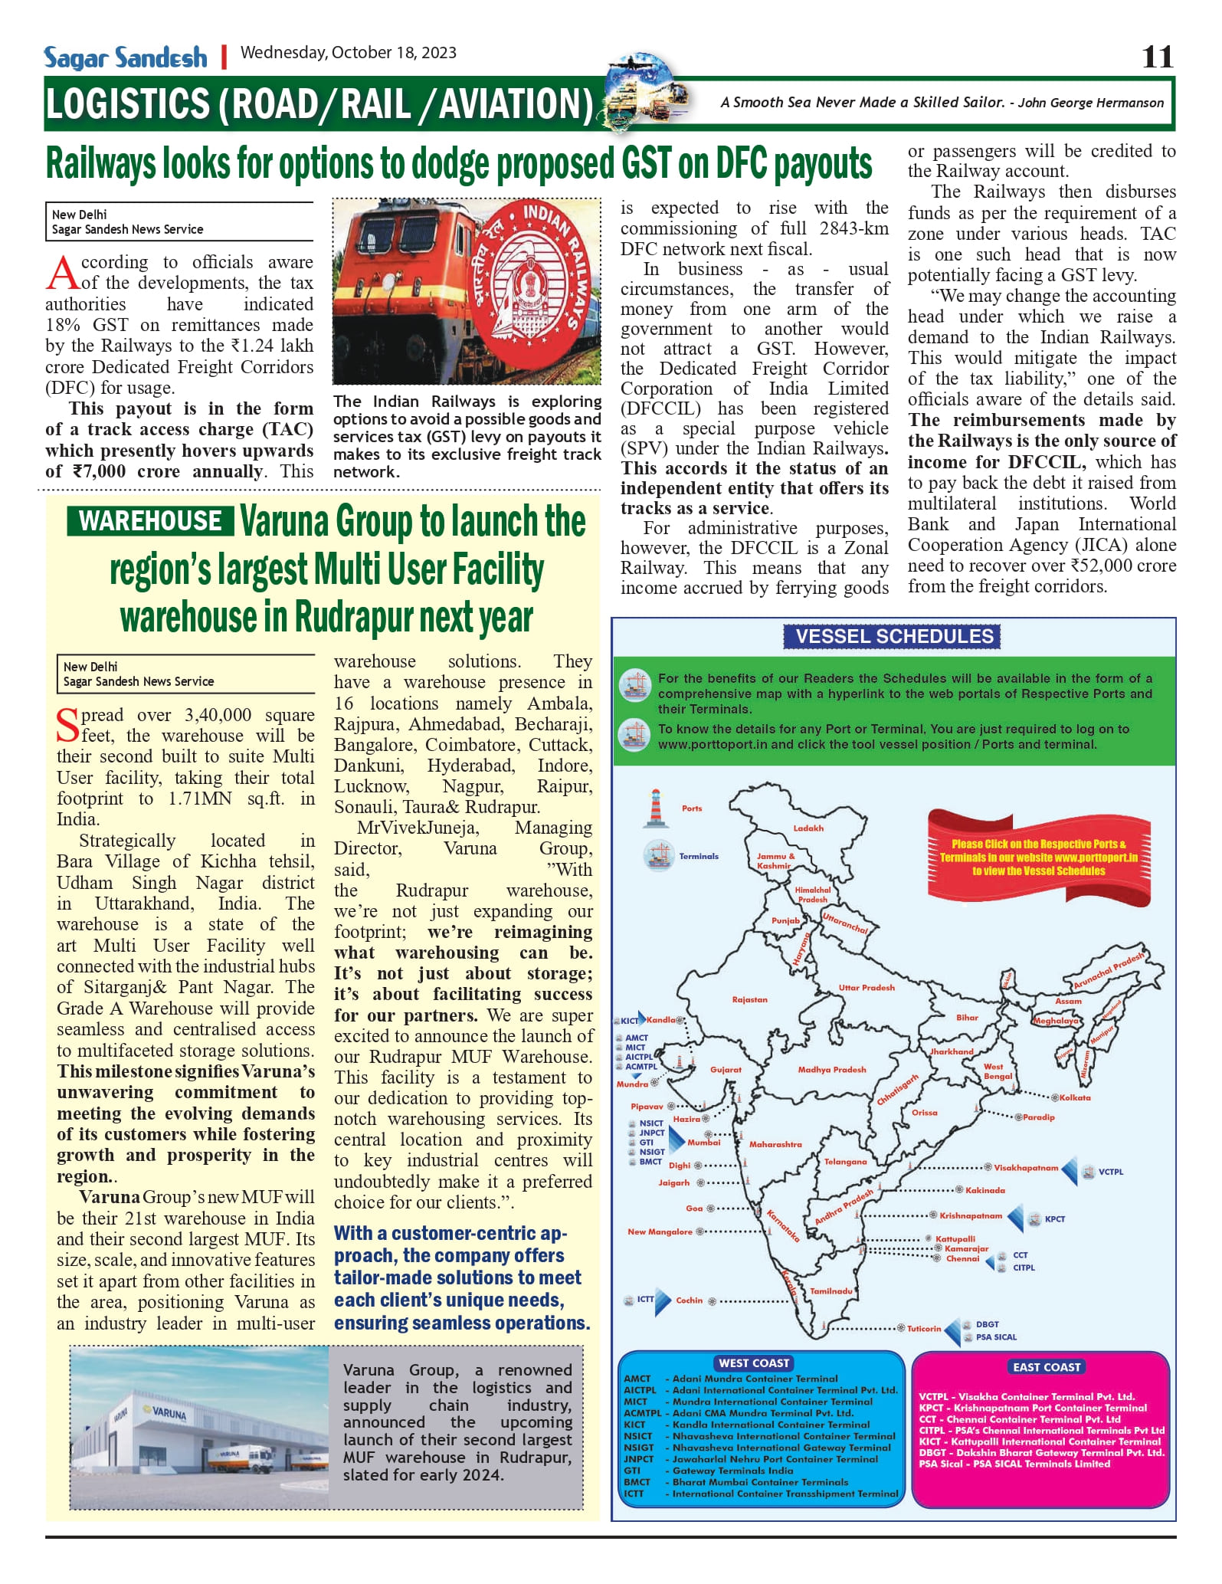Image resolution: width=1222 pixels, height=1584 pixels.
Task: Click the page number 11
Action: (x=1157, y=57)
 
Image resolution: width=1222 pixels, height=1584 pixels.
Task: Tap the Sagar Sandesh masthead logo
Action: (x=126, y=57)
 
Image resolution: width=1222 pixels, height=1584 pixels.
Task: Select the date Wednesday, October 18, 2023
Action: (x=349, y=53)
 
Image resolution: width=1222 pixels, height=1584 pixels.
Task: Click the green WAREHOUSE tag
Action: (x=149, y=521)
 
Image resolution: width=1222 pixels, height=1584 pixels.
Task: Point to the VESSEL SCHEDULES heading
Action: (x=893, y=636)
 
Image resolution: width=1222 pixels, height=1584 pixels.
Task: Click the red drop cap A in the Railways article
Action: (x=62, y=274)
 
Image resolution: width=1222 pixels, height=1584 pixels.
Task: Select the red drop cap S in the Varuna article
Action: (x=67, y=725)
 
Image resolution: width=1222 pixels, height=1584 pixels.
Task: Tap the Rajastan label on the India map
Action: (x=749, y=1000)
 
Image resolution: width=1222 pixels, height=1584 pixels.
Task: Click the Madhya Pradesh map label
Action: (x=831, y=1070)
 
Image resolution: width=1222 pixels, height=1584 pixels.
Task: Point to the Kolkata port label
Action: (x=1075, y=1098)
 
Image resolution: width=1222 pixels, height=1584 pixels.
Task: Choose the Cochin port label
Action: (x=689, y=1300)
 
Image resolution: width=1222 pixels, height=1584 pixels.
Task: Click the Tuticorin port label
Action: (x=924, y=1329)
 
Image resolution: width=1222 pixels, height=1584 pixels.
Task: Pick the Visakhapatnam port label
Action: (x=1026, y=1168)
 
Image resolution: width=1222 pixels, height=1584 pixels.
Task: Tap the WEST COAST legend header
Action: (x=754, y=1363)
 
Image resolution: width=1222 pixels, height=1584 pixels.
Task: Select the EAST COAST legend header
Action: (x=1047, y=1367)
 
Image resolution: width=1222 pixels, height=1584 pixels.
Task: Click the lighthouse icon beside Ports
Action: (x=655, y=808)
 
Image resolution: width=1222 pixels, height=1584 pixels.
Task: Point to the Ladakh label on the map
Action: (x=808, y=828)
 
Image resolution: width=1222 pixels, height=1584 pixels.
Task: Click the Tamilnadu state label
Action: (x=831, y=1291)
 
